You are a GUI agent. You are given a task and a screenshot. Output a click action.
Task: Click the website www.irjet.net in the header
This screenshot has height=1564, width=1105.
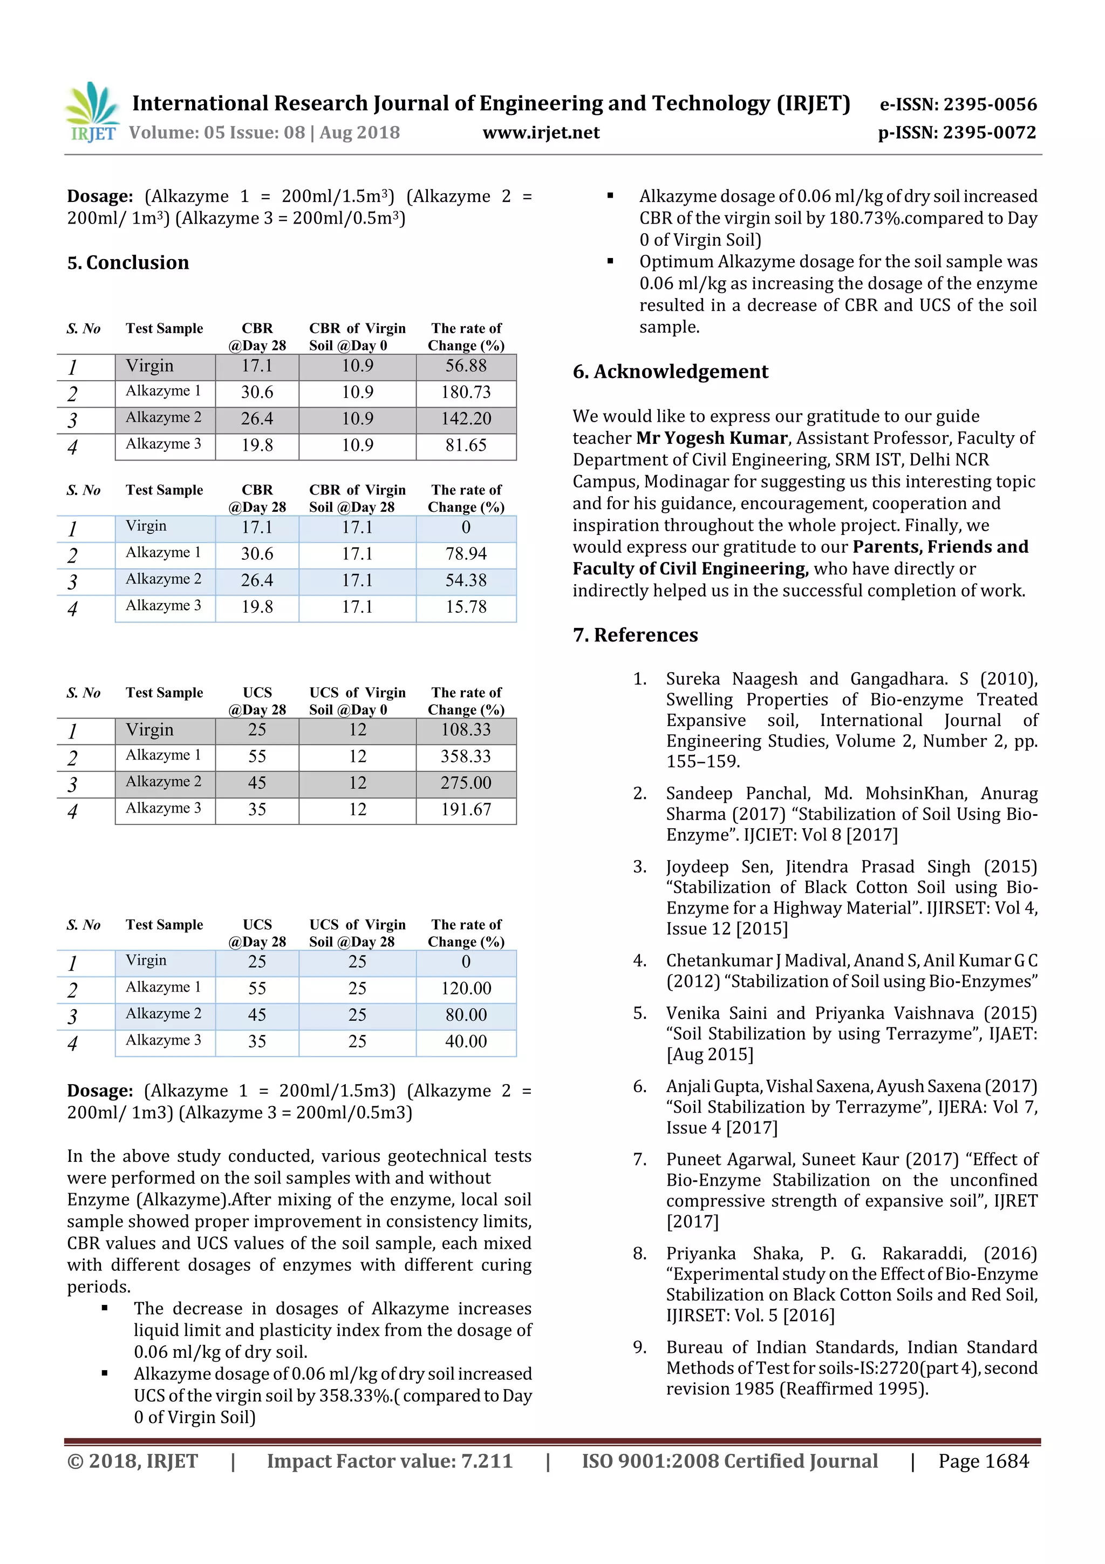(x=541, y=133)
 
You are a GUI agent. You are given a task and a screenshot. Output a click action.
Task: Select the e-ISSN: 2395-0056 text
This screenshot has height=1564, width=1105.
(x=958, y=105)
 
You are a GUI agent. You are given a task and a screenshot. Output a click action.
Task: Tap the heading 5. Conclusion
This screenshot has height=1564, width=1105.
(x=128, y=263)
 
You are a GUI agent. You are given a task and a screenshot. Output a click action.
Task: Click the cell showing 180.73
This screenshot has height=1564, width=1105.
(x=466, y=392)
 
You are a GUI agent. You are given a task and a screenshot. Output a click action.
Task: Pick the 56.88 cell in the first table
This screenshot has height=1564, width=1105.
(x=466, y=367)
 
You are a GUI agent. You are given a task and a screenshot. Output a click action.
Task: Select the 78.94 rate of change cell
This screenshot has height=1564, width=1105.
(x=466, y=554)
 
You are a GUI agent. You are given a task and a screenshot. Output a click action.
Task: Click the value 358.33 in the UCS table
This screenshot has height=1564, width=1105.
(x=466, y=756)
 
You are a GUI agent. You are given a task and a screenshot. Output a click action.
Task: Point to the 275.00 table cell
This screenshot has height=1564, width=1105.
(x=466, y=783)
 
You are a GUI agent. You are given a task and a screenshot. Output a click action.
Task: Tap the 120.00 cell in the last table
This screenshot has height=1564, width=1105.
(x=466, y=988)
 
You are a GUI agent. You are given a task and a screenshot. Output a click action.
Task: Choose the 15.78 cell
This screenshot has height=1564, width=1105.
(x=466, y=607)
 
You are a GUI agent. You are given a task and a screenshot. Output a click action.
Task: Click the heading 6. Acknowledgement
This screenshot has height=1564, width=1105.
(x=670, y=372)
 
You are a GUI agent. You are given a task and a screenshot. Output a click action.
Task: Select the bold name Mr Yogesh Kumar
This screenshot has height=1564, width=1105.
(x=712, y=438)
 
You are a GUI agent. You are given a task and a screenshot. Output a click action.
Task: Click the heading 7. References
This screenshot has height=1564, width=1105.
(x=635, y=635)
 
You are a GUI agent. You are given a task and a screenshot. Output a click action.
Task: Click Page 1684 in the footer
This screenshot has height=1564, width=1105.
(x=983, y=1461)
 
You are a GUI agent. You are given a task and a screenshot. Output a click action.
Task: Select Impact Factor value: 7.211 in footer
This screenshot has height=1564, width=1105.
(x=390, y=1461)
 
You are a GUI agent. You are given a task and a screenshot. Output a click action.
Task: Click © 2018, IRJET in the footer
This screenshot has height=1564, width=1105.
(x=133, y=1461)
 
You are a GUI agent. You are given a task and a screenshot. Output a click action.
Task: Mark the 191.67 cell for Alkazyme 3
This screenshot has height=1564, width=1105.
(x=466, y=809)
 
